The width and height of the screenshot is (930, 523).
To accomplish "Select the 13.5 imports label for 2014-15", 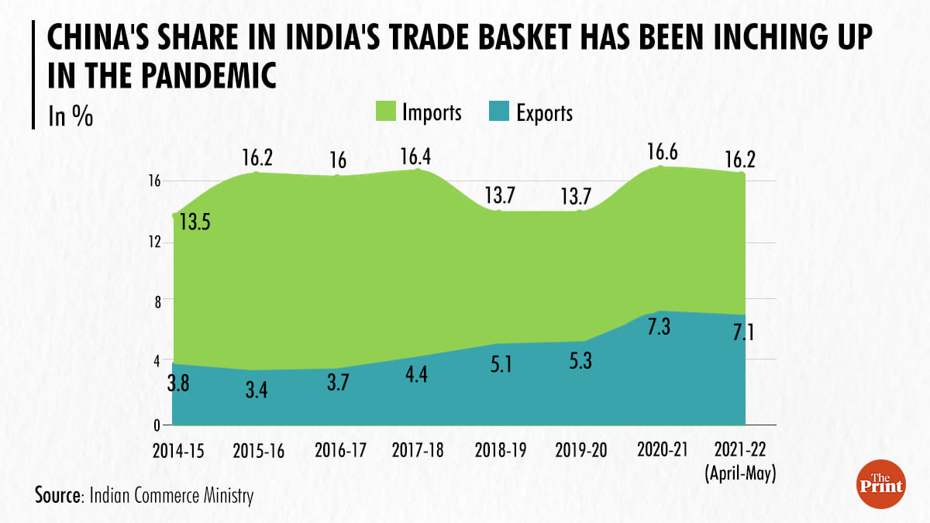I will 195,222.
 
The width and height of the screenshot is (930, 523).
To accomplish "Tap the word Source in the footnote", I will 59,494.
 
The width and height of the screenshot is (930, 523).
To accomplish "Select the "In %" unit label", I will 71,116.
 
